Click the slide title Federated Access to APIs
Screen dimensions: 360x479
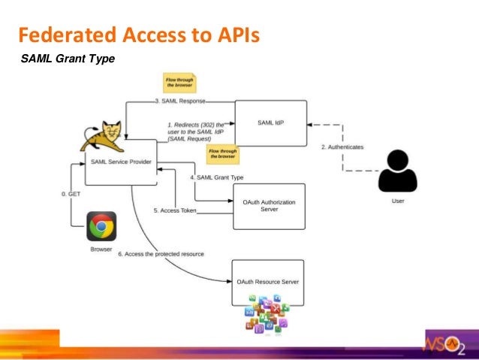pyautogui.click(x=138, y=35)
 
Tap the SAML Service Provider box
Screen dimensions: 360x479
pyautogui.click(x=120, y=161)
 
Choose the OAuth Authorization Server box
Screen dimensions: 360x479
pyautogui.click(x=269, y=206)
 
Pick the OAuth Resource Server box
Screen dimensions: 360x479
pyautogui.click(x=268, y=282)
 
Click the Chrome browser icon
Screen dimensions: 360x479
pyautogui.click(x=101, y=226)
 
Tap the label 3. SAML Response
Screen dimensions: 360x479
pyautogui.click(x=180, y=101)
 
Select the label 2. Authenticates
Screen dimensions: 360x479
pyautogui.click(x=342, y=147)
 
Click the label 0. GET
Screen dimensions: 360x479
pyautogui.click(x=70, y=194)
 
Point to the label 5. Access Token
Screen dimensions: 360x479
pyautogui.click(x=174, y=210)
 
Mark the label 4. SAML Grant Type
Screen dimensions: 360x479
pyautogui.click(x=217, y=177)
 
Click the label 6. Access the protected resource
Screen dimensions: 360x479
pyautogui.click(x=162, y=255)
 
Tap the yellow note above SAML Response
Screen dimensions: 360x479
pyautogui.click(x=180, y=83)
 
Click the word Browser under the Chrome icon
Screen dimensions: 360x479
pyautogui.click(x=101, y=249)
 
